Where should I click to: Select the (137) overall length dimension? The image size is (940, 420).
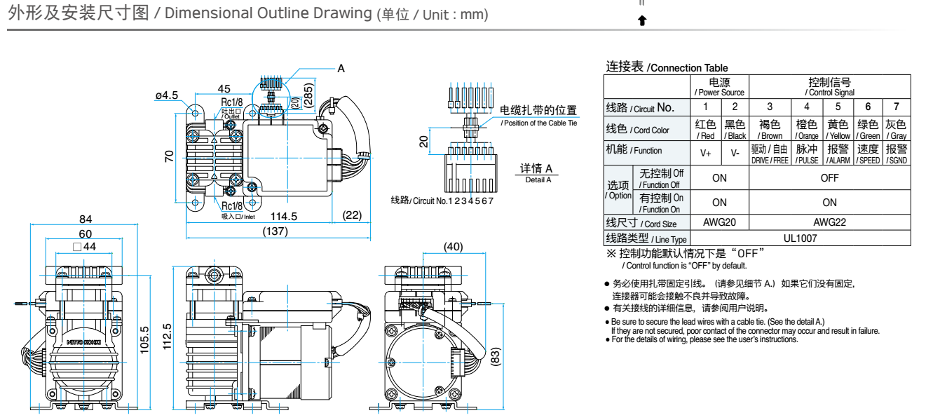275,231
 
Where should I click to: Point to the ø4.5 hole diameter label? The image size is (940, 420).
167,95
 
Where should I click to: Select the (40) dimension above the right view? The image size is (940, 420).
454,246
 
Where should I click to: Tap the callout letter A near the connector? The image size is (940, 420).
341,69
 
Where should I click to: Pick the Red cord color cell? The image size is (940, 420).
705,130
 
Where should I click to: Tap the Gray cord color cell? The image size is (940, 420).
897,130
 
